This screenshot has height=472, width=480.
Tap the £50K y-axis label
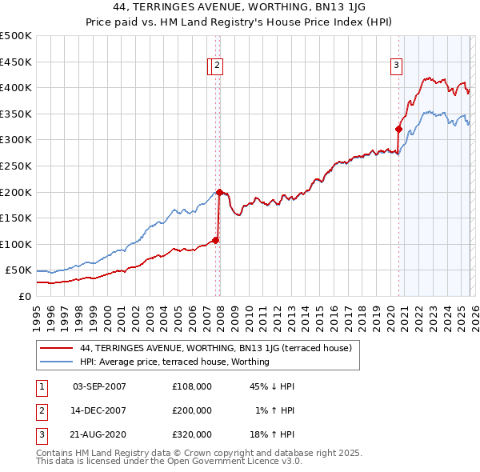[x=18, y=270]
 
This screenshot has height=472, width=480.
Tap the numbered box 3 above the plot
[x=396, y=66]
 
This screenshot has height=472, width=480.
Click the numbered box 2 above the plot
[x=218, y=66]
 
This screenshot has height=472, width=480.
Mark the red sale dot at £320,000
[x=398, y=129]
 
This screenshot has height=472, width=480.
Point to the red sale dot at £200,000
[x=219, y=191]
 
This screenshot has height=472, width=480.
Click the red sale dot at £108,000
[x=215, y=239]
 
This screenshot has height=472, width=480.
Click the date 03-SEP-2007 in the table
[x=100, y=386]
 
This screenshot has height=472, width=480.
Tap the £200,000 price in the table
[x=192, y=410]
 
